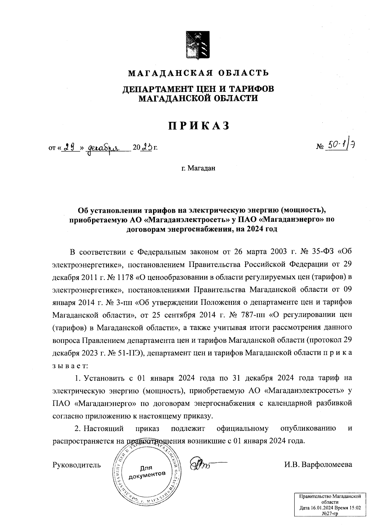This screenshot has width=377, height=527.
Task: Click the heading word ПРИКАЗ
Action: click(x=199, y=126)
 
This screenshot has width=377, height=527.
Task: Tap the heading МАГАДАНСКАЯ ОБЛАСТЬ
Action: click(x=198, y=73)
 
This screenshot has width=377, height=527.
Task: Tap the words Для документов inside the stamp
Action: click(x=147, y=471)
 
